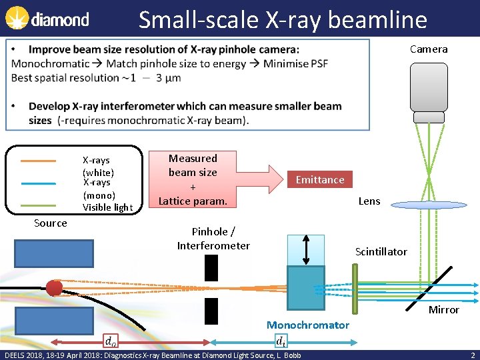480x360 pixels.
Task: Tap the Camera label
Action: pyautogui.click(x=429, y=49)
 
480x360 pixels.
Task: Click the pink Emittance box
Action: pyautogui.click(x=320, y=179)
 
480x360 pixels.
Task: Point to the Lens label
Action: pyautogui.click(x=369, y=201)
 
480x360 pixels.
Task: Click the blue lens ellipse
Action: pyautogui.click(x=429, y=205)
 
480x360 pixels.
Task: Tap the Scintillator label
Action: pyautogui.click(x=381, y=251)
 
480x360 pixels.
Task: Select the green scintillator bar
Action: pyautogui.click(x=355, y=287)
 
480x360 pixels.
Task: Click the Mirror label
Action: pyautogui.click(x=443, y=309)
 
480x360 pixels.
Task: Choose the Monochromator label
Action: pyautogui.click(x=307, y=325)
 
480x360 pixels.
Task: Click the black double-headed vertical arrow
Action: pyautogui.click(x=306, y=250)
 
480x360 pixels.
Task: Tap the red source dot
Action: pyautogui.click(x=54, y=287)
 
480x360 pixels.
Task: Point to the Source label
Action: pyautogui.click(x=51, y=223)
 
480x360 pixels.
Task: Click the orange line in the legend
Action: pyautogui.click(x=38, y=161)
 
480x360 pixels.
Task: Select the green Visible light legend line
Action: pyautogui.click(x=38, y=206)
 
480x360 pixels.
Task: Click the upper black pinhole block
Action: pyautogui.click(x=211, y=267)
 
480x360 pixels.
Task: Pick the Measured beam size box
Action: pyautogui.click(x=193, y=179)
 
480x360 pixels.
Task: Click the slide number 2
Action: pyautogui.click(x=472, y=355)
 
